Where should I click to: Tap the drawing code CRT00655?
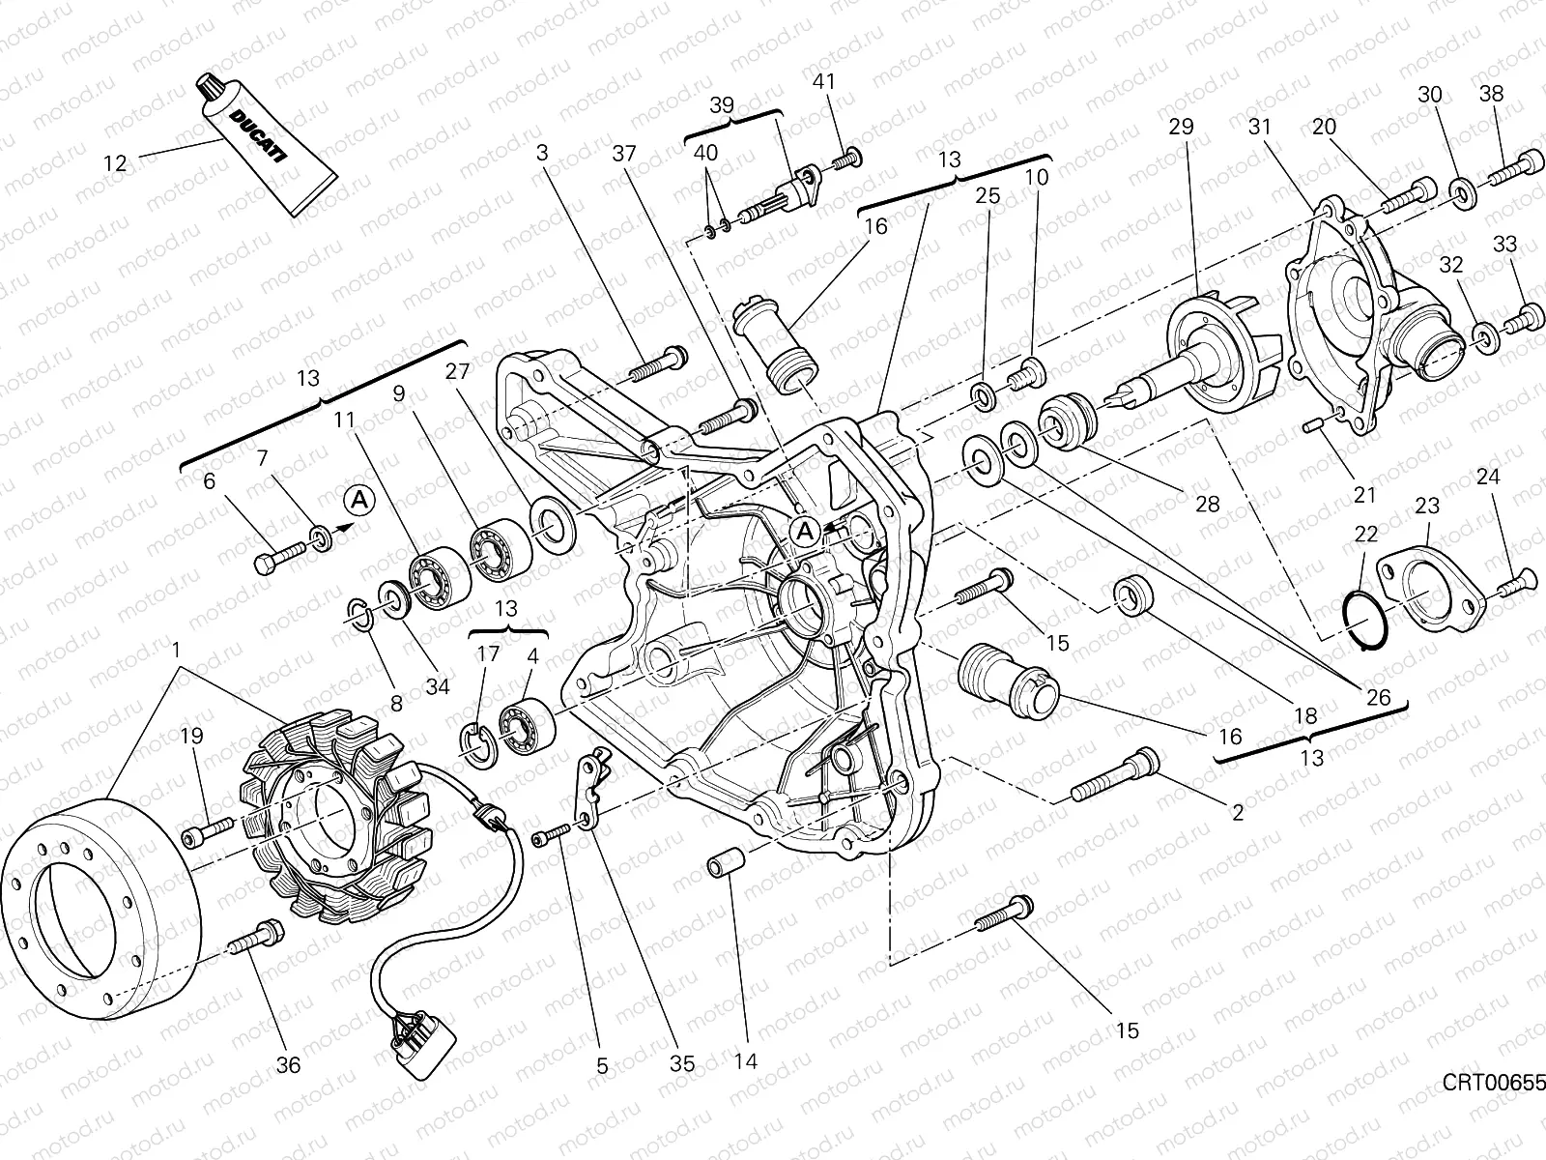[x=1494, y=1082]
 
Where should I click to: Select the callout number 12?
[x=115, y=163]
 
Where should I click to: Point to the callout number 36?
[x=288, y=1064]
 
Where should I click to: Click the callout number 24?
[x=1488, y=477]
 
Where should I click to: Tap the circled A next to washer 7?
[x=359, y=500]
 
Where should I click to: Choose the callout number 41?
[x=823, y=82]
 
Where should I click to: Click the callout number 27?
[x=457, y=371]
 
